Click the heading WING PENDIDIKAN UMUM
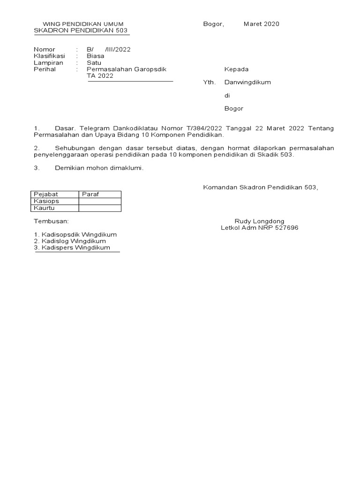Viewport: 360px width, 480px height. [x=83, y=24]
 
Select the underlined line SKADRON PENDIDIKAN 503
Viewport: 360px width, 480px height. [x=81, y=30]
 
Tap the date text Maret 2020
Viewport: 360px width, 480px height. [x=261, y=24]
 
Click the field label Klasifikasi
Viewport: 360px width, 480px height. [x=49, y=56]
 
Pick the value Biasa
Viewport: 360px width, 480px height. [x=95, y=56]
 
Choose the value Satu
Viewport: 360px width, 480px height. [x=94, y=62]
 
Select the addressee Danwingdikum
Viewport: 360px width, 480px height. [x=247, y=82]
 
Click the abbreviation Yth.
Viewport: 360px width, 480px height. [x=209, y=82]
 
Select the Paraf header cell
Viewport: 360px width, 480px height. [x=90, y=194]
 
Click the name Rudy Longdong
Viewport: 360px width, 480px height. [x=259, y=221]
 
